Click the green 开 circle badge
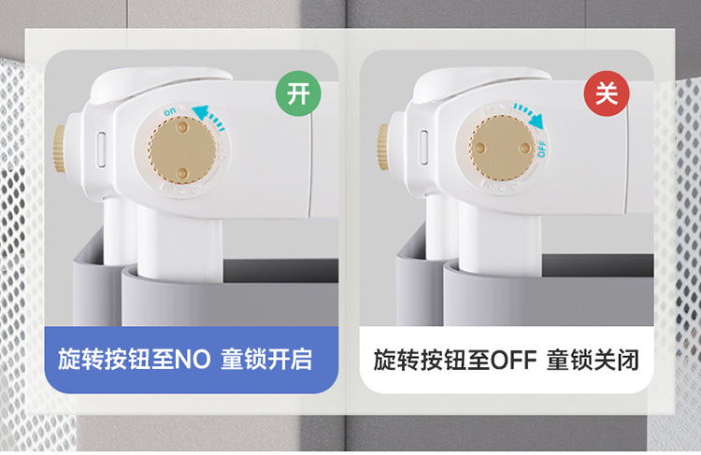click(x=298, y=94)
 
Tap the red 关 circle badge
click(x=607, y=94)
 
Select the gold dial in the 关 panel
click(x=503, y=147)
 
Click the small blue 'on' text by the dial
click(x=170, y=111)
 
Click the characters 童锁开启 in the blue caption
click(x=266, y=360)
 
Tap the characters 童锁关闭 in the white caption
click(x=594, y=360)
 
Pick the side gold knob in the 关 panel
click(x=383, y=140)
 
